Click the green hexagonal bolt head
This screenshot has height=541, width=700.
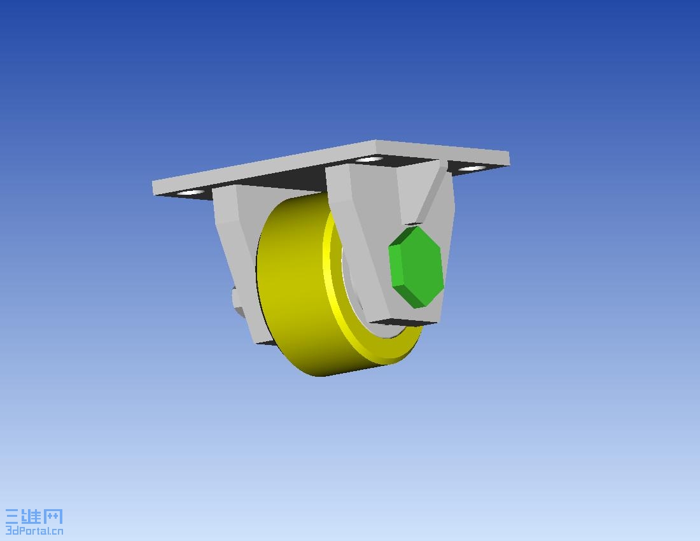(x=416, y=267)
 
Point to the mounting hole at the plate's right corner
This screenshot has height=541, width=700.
(x=472, y=168)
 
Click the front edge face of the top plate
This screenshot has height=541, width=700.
(x=264, y=167)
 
